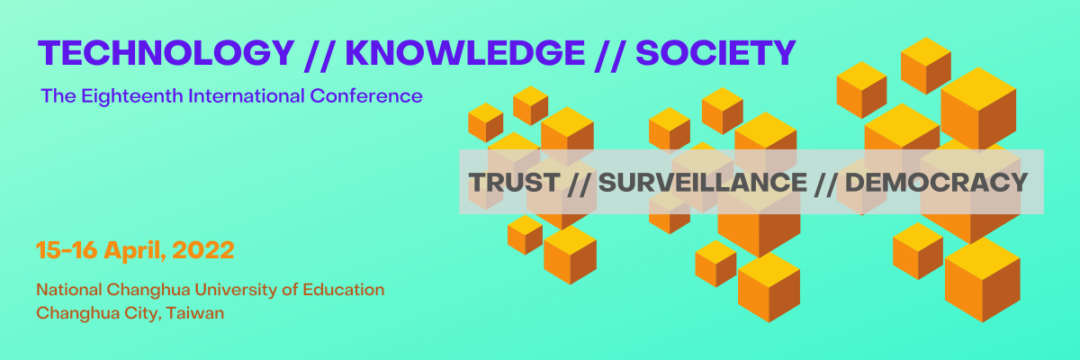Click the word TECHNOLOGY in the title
click(x=166, y=52)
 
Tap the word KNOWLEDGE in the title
click(x=465, y=52)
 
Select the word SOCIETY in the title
click(x=715, y=52)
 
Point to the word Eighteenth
click(x=132, y=96)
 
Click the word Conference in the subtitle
click(x=366, y=96)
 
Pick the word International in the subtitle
click(x=247, y=96)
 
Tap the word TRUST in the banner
click(x=514, y=183)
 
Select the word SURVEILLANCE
click(x=703, y=183)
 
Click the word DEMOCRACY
click(x=936, y=183)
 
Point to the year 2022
click(x=203, y=250)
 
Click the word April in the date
click(x=135, y=251)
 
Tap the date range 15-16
click(x=67, y=250)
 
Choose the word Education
click(x=343, y=290)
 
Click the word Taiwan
click(x=195, y=313)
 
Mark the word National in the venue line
click(x=69, y=290)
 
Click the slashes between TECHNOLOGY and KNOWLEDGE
click(x=319, y=54)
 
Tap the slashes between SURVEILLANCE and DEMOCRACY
click(x=826, y=184)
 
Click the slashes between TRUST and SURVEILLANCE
click(x=579, y=184)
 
